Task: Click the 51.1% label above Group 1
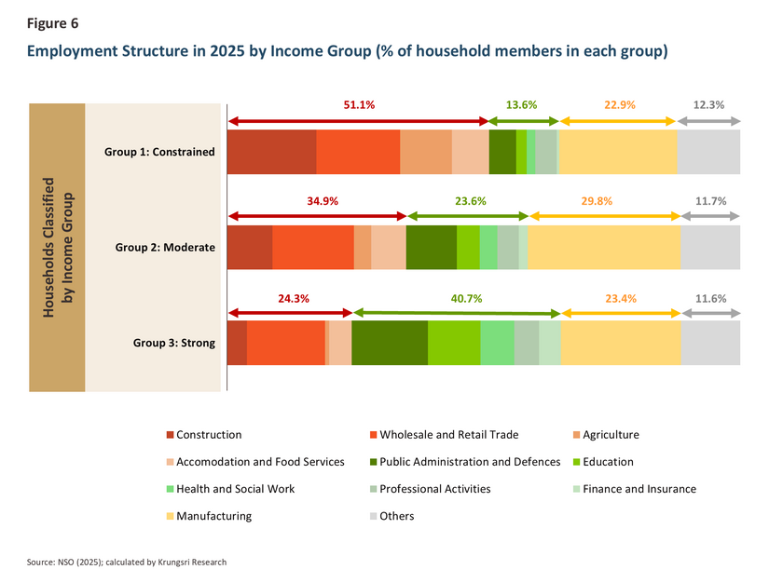(x=359, y=104)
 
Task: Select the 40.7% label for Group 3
(x=466, y=299)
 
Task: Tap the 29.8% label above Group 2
(x=597, y=201)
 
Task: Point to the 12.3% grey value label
(x=708, y=104)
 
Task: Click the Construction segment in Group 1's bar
(x=271, y=152)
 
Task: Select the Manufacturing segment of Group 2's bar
(x=604, y=248)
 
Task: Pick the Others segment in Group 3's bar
(x=710, y=343)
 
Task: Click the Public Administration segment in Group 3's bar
(x=390, y=343)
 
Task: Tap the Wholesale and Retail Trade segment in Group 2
(x=313, y=248)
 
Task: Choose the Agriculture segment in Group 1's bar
(x=426, y=152)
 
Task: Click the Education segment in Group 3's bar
(x=454, y=343)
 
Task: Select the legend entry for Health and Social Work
(x=231, y=489)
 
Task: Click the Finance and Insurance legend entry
(x=635, y=489)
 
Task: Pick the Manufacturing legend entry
(x=209, y=516)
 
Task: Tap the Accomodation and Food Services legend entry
(x=255, y=462)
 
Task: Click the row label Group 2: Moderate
(x=165, y=248)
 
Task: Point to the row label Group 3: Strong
(x=174, y=343)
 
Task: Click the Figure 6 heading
(x=52, y=23)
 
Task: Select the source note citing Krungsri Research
(x=127, y=563)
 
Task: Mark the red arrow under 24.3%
(x=290, y=313)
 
